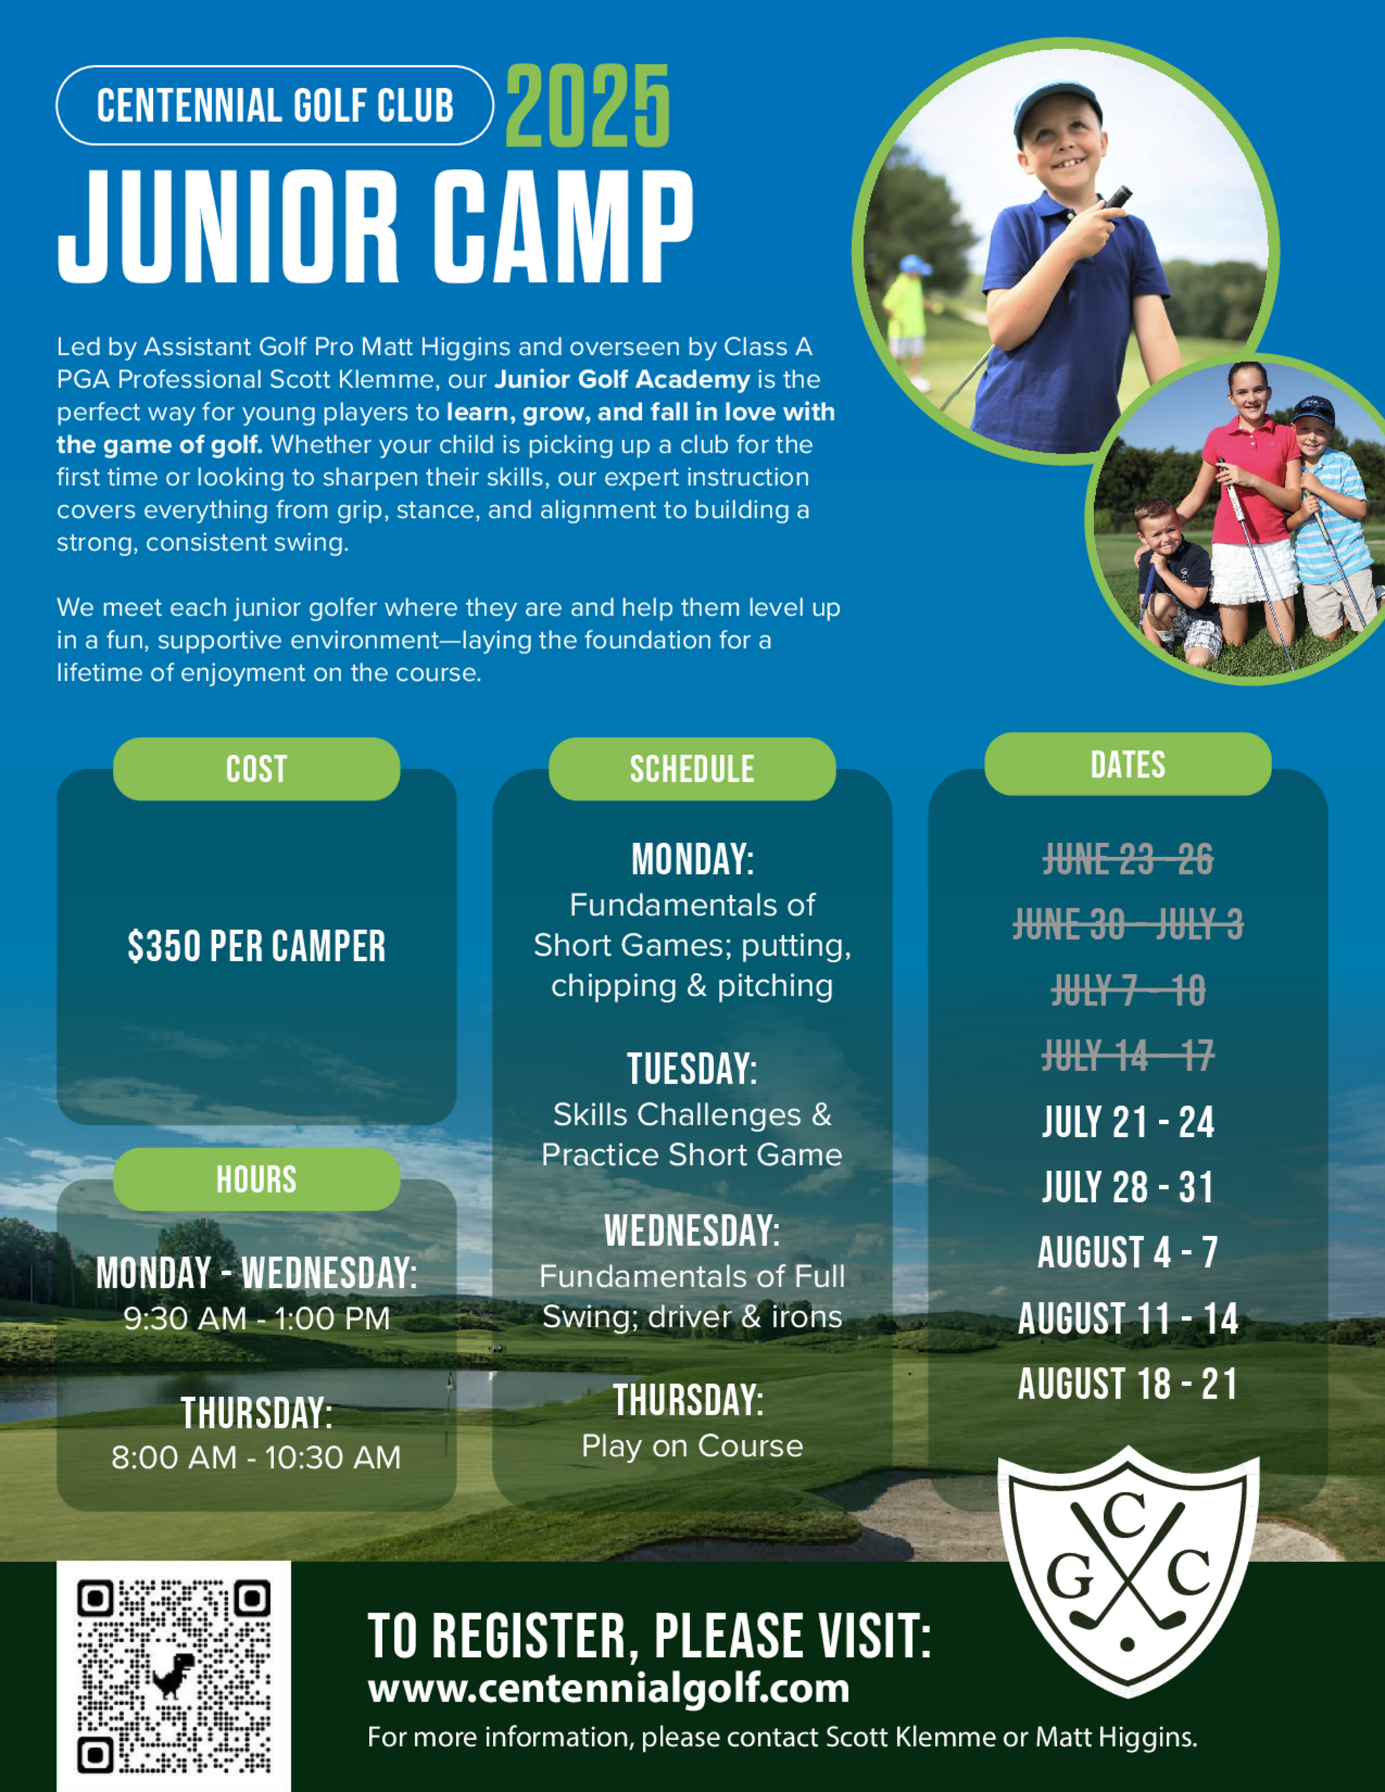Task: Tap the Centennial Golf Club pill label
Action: pyautogui.click(x=275, y=106)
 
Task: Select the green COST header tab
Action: pyautogui.click(x=257, y=769)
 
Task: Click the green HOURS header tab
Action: pyautogui.click(x=257, y=1179)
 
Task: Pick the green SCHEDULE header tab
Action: pyautogui.click(x=692, y=769)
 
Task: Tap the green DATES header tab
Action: pyautogui.click(x=1128, y=764)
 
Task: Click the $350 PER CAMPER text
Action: pyautogui.click(x=257, y=946)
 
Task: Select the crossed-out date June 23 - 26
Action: pyautogui.click(x=1128, y=860)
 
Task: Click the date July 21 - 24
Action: pyautogui.click(x=1128, y=1122)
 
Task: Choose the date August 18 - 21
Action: pyautogui.click(x=1128, y=1383)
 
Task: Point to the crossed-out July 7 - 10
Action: pyautogui.click(x=1128, y=990)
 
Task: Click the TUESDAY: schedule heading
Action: pyautogui.click(x=692, y=1068)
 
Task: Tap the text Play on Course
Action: pyautogui.click(x=692, y=1445)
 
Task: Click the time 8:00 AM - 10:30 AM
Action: pyautogui.click(x=256, y=1458)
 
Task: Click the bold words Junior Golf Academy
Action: pyautogui.click(x=622, y=379)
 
